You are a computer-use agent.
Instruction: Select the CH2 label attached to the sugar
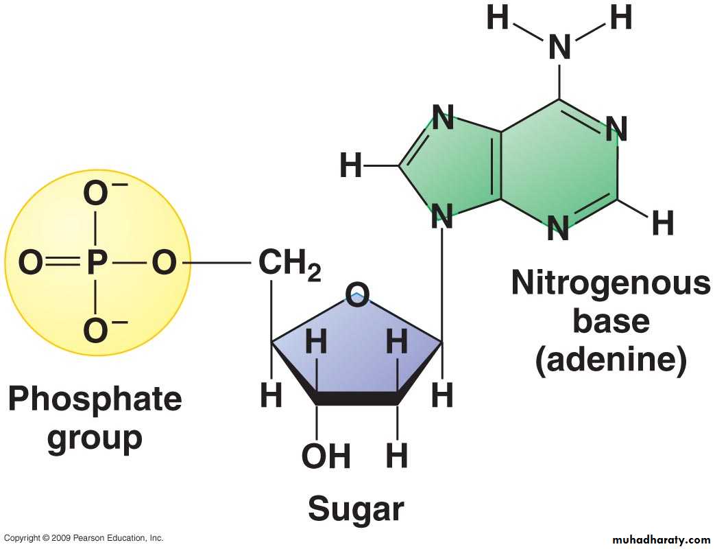click(290, 265)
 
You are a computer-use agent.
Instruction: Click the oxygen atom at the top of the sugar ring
click(357, 294)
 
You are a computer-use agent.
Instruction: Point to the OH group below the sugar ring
click(326, 456)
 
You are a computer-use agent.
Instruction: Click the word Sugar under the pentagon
click(356, 509)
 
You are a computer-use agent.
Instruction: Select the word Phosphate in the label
click(95, 399)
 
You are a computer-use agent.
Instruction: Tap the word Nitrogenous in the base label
click(611, 283)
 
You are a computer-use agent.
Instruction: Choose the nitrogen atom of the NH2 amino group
click(559, 47)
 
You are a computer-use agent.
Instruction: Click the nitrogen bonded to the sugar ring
click(442, 216)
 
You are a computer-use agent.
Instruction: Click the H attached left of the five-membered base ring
click(351, 165)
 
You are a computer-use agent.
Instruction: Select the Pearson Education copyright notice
click(84, 538)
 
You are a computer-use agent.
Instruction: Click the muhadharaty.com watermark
click(662, 540)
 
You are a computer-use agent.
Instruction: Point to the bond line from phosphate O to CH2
click(216, 263)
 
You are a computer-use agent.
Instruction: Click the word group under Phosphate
click(95, 438)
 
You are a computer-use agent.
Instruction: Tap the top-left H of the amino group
click(498, 17)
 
